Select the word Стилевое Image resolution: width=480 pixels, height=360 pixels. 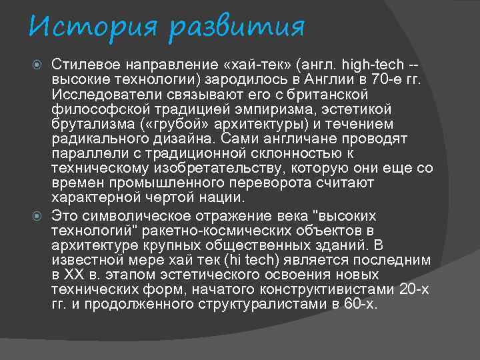(84, 65)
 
